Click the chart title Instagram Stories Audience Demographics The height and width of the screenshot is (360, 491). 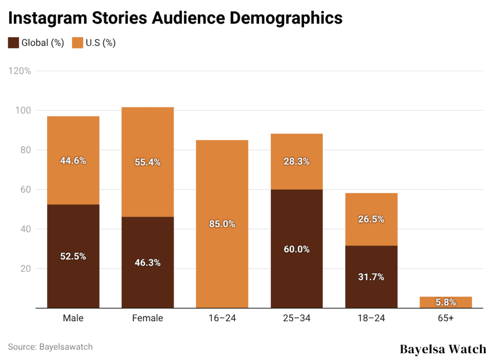tap(175, 18)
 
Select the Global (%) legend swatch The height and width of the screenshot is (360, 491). tap(13, 43)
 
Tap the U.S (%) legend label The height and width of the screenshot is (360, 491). tap(100, 43)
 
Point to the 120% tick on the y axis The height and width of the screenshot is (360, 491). tap(20, 71)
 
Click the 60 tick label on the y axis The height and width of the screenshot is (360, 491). tap(26, 189)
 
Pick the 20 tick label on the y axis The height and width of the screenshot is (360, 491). tap(26, 268)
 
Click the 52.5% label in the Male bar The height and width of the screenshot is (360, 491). tap(73, 256)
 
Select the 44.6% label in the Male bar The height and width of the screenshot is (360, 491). tap(73, 161)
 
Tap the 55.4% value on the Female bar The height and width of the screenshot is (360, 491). tap(148, 162)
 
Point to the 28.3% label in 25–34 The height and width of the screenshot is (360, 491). tap(297, 162)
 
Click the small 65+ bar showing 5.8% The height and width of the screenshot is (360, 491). tap(445, 302)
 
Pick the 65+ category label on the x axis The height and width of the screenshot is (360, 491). tap(445, 318)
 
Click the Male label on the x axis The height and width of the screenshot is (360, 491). tap(73, 318)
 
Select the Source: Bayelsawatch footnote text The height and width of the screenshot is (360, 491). tap(50, 347)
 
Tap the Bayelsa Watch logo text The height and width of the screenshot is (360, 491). tap(443, 349)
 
